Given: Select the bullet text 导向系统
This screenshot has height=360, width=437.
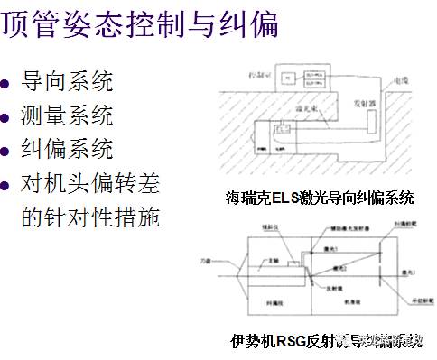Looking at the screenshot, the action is point(67,81).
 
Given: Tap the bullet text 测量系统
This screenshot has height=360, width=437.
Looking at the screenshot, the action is point(67,115).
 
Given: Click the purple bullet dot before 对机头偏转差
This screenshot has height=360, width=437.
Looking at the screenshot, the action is point(8,185).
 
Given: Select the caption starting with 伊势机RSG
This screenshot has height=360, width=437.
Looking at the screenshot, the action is point(326,341).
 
